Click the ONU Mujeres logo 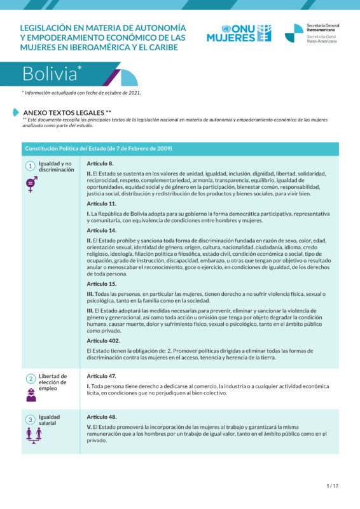239,33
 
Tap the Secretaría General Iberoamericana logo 312,33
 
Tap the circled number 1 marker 30,166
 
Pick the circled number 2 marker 30,379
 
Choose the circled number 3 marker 30,419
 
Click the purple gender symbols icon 30,184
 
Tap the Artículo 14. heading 102,230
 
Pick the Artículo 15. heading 102,283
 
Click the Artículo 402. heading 103,340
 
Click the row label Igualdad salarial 50,421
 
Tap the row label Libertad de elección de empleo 52,382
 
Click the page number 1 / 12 332,485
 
